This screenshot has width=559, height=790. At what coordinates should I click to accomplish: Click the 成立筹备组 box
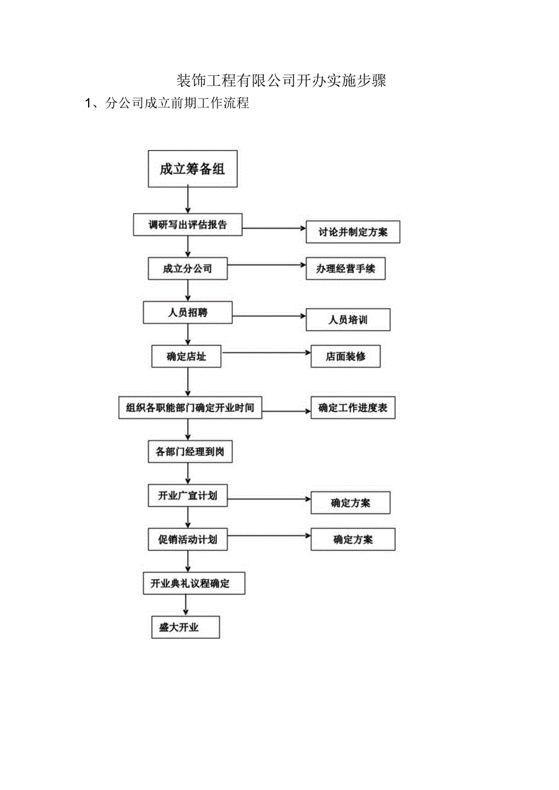click(x=193, y=169)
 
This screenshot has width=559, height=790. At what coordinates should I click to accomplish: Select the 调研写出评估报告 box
click(x=188, y=225)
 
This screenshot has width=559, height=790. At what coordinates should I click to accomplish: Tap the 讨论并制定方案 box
click(x=352, y=232)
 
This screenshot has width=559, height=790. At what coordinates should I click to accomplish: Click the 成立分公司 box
click(x=188, y=268)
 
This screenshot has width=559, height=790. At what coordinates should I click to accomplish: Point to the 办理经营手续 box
click(x=345, y=268)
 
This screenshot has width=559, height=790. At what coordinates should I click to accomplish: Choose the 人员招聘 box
click(x=188, y=313)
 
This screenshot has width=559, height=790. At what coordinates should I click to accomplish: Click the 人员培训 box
click(x=348, y=319)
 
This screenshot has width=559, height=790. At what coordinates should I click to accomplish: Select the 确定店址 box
click(x=186, y=356)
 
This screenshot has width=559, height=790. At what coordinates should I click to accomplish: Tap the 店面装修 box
click(x=345, y=356)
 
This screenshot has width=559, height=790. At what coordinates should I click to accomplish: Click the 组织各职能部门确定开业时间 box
click(x=190, y=408)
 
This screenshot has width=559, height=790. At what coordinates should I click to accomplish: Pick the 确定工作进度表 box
click(x=352, y=408)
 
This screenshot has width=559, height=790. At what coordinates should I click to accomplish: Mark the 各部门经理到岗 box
click(x=190, y=452)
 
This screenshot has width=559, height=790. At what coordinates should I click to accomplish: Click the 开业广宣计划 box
click(x=188, y=495)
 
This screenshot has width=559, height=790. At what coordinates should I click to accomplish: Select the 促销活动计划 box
click(x=188, y=539)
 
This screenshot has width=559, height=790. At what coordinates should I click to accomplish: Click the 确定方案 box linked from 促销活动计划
click(x=352, y=539)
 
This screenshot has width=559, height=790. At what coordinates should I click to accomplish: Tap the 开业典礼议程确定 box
click(x=194, y=584)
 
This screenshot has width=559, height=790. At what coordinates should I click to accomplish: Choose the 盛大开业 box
click(x=185, y=627)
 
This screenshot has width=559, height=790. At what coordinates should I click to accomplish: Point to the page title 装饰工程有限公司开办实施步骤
click(x=281, y=80)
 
